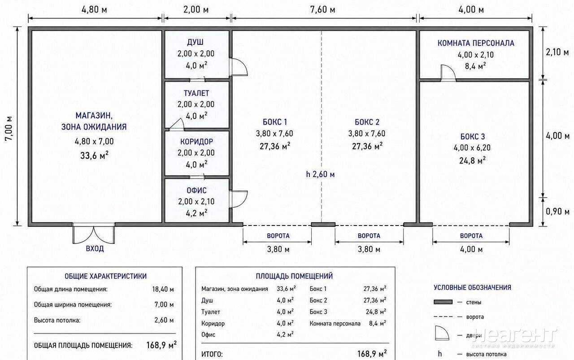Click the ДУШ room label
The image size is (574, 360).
coord(195,42)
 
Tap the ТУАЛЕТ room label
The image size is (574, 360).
coord(196,93)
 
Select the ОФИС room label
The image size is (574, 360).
coord(196,191)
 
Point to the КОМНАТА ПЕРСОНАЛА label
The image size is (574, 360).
coord(476,43)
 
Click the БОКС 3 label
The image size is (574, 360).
coord(473,137)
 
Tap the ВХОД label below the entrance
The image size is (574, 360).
coord(95,248)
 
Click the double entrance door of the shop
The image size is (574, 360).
coord(94,233)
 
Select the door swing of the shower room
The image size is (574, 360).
coord(239,67)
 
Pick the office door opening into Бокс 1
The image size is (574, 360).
coord(239,199)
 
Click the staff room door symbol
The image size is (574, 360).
coord(448,73)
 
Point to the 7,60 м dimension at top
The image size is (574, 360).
coord(322,10)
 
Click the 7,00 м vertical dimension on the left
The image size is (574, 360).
coord(9,128)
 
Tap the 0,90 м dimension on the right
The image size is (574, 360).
coord(557,212)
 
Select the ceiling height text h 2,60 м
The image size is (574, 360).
coord(320,174)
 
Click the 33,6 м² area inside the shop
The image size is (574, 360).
coord(94,155)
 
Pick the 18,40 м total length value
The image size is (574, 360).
coord(163,289)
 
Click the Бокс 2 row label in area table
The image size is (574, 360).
coord(318,300)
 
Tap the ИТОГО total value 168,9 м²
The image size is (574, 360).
coord(372,354)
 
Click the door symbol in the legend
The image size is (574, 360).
coord(442,333)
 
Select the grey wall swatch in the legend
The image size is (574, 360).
coord(443,302)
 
